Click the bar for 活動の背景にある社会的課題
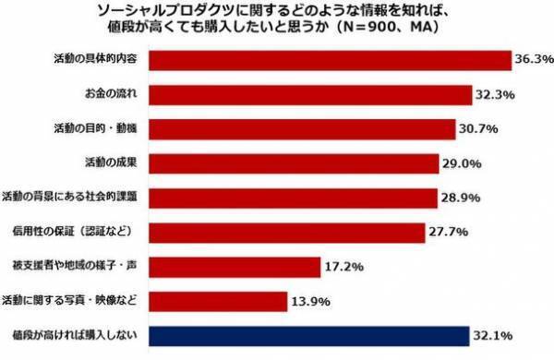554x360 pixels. point(293,198)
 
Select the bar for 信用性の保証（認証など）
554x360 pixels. point(287,232)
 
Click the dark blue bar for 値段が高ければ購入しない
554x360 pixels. point(309,335)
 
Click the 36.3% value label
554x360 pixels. point(533,60)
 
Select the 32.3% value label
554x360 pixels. point(495,94)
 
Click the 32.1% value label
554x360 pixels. point(494,335)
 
